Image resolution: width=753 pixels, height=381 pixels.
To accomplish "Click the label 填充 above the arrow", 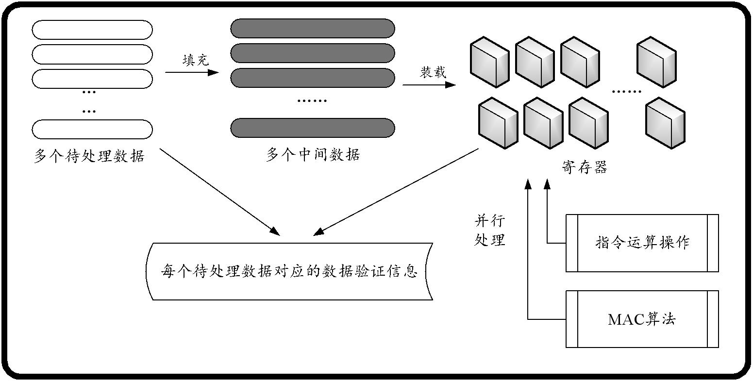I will [195, 60].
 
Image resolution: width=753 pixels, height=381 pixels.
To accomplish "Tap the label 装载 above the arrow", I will [432, 72].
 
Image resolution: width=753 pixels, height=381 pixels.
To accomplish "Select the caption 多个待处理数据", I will [89, 156].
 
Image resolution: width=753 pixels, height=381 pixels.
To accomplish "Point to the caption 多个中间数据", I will [313, 155].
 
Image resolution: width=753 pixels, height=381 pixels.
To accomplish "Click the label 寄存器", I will [584, 167].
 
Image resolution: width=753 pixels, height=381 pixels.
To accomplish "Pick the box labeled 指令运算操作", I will [642, 243].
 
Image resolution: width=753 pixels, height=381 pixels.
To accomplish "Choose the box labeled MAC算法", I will [642, 319].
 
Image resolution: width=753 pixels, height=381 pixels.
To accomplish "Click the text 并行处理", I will [489, 231].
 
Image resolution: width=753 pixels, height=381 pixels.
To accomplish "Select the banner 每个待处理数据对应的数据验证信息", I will [289, 271].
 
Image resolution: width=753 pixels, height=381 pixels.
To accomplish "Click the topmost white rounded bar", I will [92, 30].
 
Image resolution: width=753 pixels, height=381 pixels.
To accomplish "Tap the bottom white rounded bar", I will [92, 129].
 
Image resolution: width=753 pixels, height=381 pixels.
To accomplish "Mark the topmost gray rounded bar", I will [313, 28].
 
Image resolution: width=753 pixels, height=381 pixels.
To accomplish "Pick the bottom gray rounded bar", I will [313, 128].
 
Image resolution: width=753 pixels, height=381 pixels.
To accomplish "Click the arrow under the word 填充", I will [192, 73].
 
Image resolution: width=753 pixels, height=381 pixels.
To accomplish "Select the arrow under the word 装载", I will [429, 85].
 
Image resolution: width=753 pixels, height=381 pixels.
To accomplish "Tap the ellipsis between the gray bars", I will [312, 101].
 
